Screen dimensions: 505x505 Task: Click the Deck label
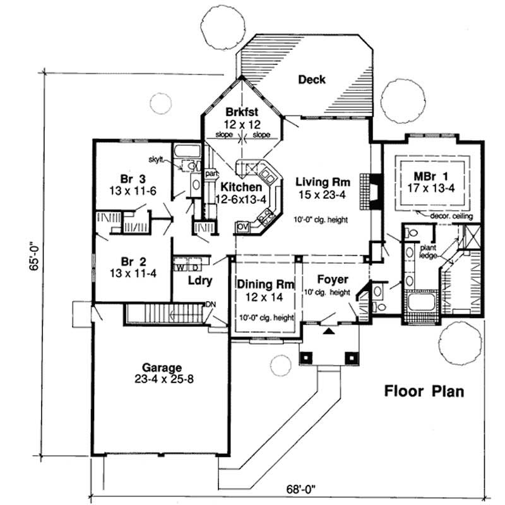click(x=311, y=80)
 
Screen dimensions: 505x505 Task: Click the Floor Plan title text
click(x=424, y=391)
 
